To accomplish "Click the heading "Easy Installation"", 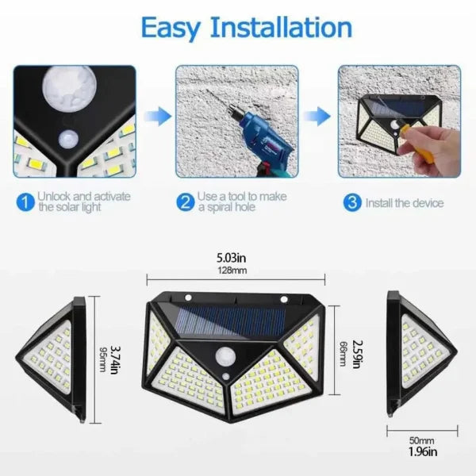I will point(245,27).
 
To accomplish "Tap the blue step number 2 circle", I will point(185,202).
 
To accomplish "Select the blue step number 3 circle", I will point(351,202).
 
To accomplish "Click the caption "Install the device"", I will point(404,203).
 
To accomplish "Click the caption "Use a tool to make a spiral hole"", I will point(241,202).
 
